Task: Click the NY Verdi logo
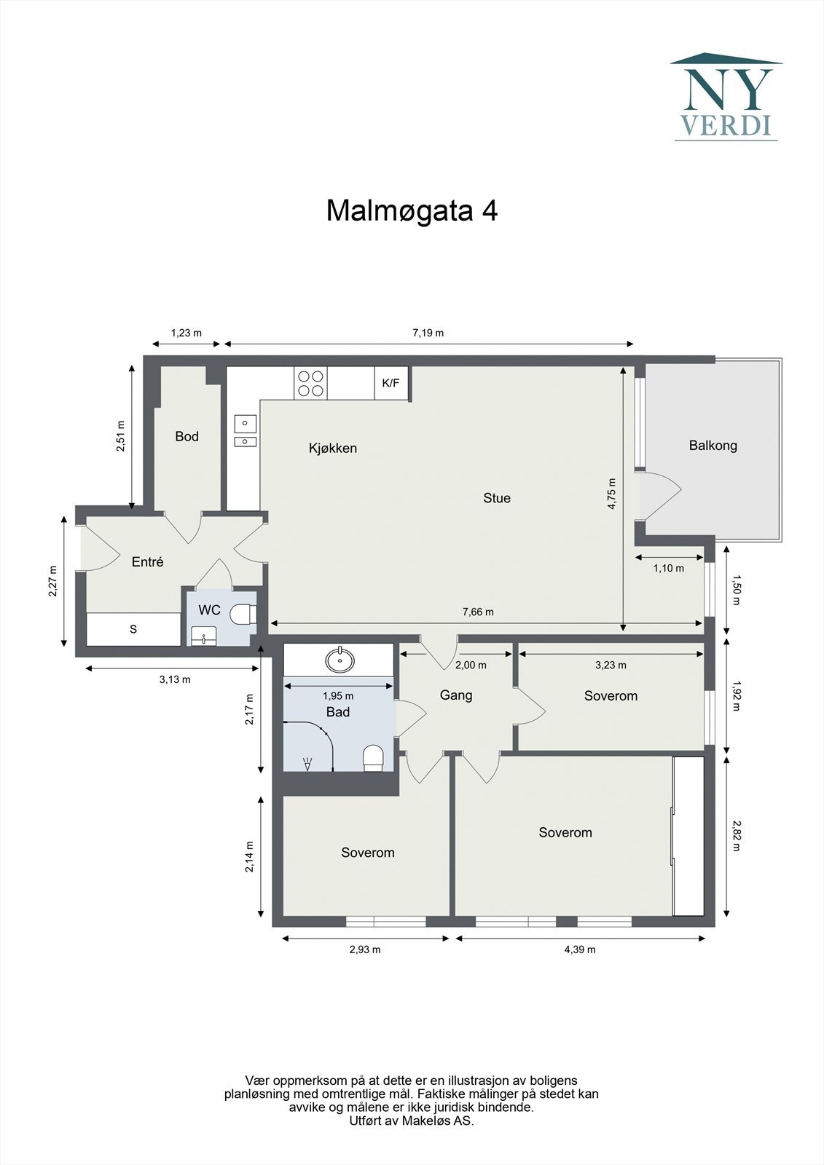coord(726,97)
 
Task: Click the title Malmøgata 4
coord(412,210)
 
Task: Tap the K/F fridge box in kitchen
coord(391,383)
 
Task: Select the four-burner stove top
coord(310,383)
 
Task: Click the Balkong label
coord(713,446)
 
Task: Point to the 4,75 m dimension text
coord(612,493)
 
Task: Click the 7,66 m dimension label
coord(478,612)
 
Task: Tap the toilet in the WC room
coord(243,615)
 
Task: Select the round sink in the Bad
coord(340,660)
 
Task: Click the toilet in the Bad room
coord(373,758)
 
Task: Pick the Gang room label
coord(456,695)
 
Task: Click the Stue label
coord(497,498)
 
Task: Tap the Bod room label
coord(187,436)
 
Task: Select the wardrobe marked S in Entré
coord(133,629)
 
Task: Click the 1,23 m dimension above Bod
coord(186,333)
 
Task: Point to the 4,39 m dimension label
coord(580,949)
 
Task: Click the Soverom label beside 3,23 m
coord(611,696)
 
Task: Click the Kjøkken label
coord(333,449)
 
